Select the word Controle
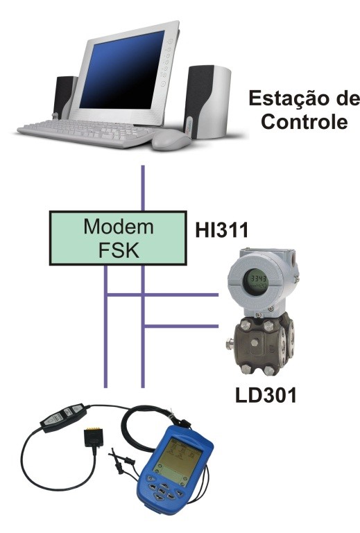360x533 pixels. coord(305,122)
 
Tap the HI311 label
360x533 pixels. coord(222,230)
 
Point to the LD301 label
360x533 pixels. coord(266,396)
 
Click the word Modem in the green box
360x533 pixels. coord(119,227)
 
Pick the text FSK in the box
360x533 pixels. coord(119,250)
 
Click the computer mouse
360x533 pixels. coord(171,140)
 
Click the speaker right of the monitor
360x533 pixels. coord(207,103)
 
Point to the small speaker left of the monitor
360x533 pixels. coord(64,97)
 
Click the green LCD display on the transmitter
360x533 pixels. coord(257,282)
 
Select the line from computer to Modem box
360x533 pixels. coord(143,188)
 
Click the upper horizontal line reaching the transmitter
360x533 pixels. coord(162,295)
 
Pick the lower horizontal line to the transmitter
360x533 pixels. coord(181,326)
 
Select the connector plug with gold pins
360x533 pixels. coord(93,437)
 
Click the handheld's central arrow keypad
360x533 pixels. coord(162,491)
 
